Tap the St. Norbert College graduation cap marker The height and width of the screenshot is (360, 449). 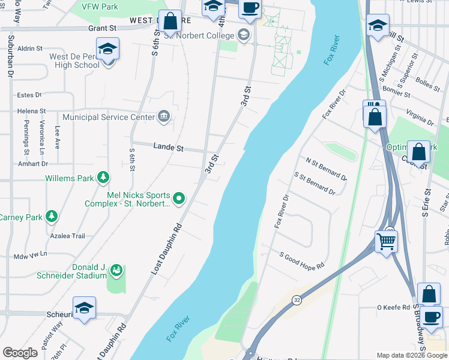tap(243, 34)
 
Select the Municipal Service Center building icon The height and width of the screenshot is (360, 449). tap(163, 116)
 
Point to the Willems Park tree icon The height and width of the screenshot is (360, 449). tap(104, 178)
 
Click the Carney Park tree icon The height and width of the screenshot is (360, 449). tap(52, 217)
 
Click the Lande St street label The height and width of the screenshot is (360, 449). tap(169, 147)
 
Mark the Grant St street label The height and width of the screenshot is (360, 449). tap(102, 28)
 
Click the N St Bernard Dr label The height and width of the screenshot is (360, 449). tap(326, 169)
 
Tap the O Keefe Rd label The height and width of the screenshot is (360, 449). tap(392, 308)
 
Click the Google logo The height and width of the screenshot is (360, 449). tap(20, 353)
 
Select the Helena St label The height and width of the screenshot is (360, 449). tap(31, 111)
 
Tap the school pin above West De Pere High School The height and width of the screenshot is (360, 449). tap(107, 49)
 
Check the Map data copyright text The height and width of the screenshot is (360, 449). tap(411, 355)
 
